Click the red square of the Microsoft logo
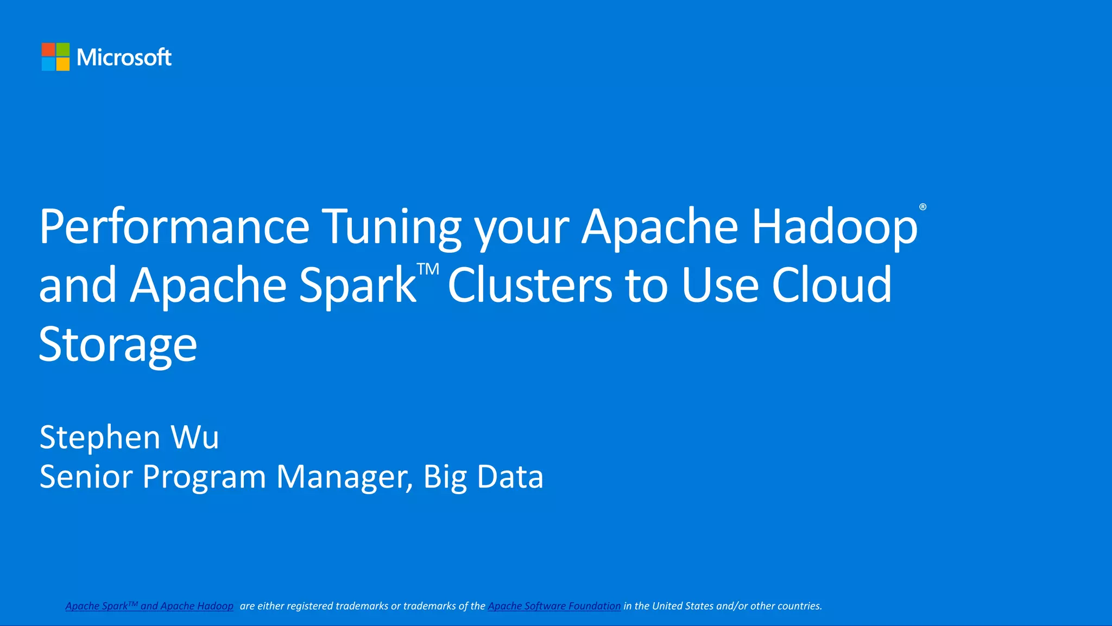point(48,49)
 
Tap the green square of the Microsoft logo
point(63,49)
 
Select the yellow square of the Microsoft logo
point(63,64)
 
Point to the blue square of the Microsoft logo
point(48,64)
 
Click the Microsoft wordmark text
point(124,57)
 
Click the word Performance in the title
point(174,226)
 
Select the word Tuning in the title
point(391,226)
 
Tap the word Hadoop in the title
point(834,226)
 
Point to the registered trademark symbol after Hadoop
point(923,207)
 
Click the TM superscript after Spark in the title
point(428,269)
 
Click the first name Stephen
point(100,437)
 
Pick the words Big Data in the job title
point(483,477)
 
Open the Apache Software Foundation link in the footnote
point(554,606)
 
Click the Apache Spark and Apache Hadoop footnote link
point(149,606)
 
